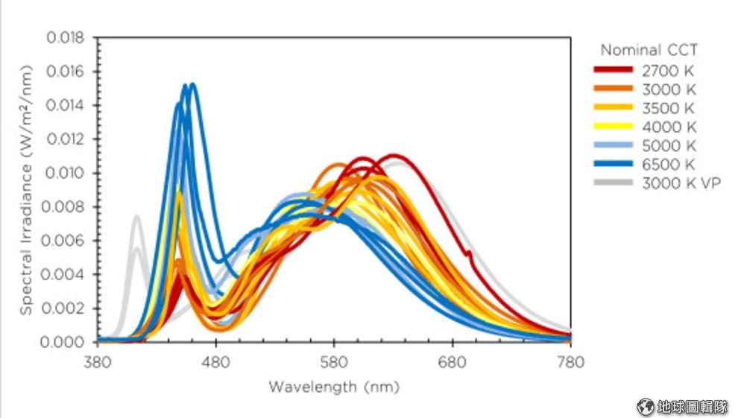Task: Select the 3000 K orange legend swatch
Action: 614,89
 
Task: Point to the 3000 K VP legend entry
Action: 681,183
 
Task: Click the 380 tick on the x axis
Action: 97,362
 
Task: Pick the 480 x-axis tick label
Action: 215,362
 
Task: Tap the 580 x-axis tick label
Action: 334,362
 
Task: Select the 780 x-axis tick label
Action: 570,362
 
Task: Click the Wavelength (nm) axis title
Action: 333,387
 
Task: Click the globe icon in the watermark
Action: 645,406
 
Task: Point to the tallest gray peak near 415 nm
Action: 137,217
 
